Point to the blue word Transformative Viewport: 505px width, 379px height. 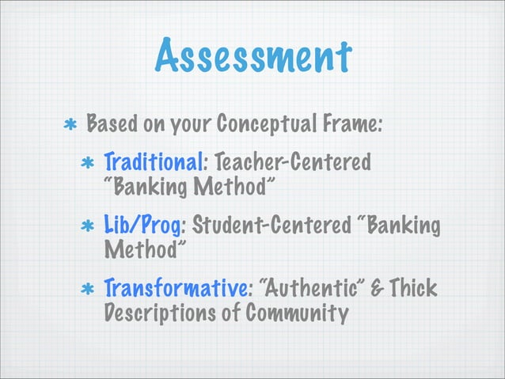[x=175, y=286]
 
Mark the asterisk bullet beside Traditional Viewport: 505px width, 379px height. [x=89, y=165]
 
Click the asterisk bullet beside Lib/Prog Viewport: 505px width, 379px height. [x=89, y=226]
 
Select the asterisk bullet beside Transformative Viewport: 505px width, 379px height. [x=89, y=287]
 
